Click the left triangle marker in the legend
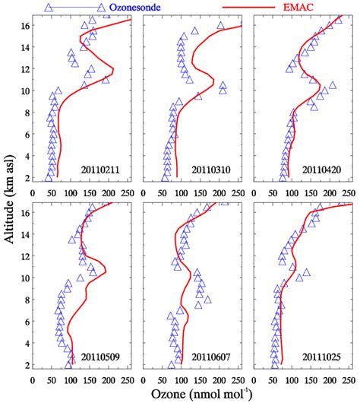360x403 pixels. point(49,8)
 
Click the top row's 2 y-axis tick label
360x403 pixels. point(27,177)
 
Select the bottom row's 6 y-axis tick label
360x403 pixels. point(27,322)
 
